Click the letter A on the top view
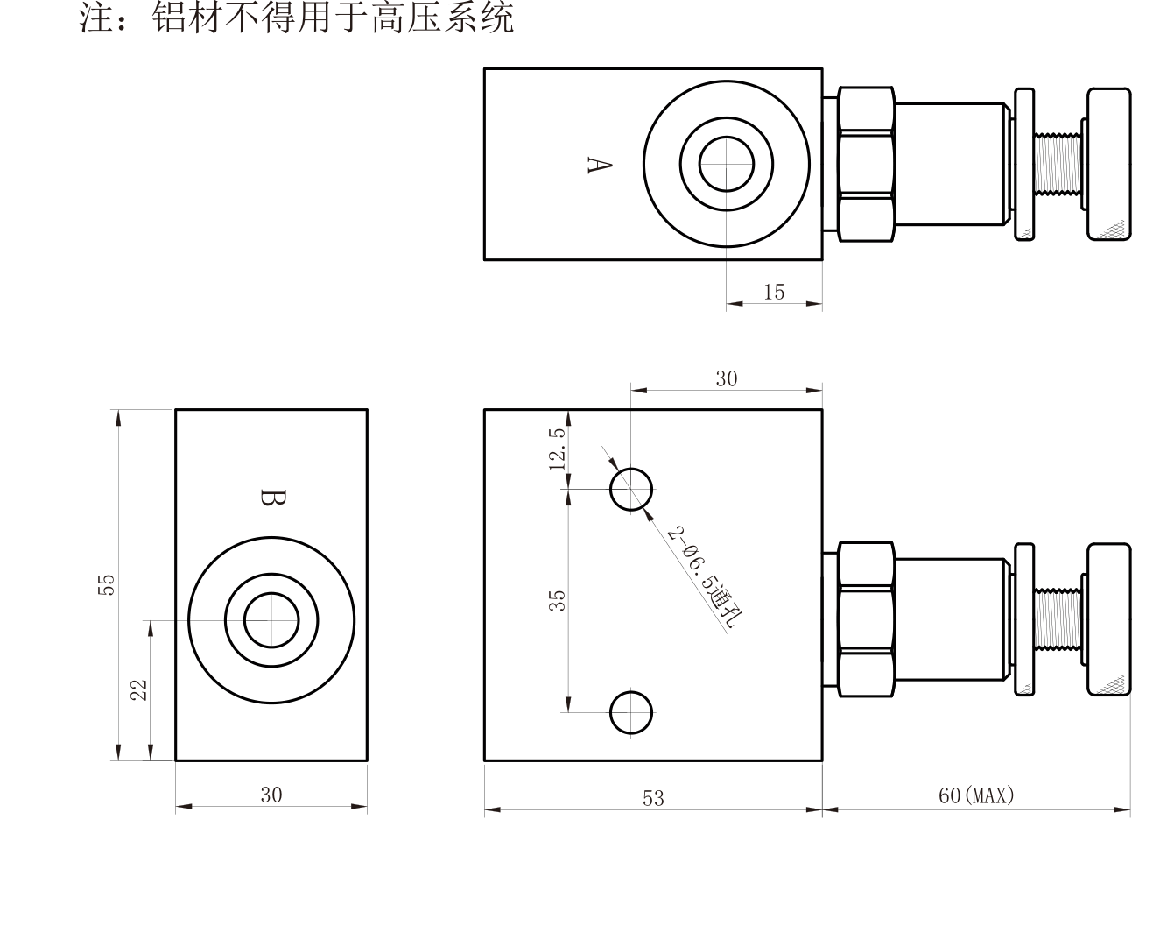[600, 165]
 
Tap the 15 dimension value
[774, 292]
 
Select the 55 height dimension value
[107, 584]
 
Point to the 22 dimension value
[139, 689]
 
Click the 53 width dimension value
[653, 798]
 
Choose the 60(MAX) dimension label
[976, 795]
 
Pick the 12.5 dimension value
[558, 449]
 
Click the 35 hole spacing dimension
[557, 600]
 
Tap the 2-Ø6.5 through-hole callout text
[705, 577]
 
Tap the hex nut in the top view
[866, 164]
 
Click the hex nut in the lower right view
[866, 619]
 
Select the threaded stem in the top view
[1058, 164]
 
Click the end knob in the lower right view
[1108, 619]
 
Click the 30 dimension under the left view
[271, 795]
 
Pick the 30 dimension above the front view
[726, 378]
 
